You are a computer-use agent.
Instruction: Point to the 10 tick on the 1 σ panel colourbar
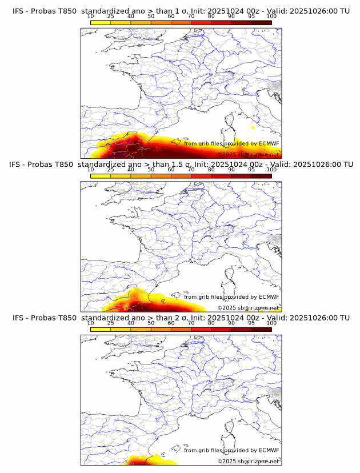point(91,16)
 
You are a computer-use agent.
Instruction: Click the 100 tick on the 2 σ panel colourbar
point(271,323)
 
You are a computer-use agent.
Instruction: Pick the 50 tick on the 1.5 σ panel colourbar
point(151,170)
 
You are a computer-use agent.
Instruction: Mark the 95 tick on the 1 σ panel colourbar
point(251,16)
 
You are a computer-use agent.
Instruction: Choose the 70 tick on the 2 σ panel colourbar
point(191,323)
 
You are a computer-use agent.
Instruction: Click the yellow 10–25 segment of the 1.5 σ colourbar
point(101,176)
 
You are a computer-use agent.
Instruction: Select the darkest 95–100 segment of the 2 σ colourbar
point(261,329)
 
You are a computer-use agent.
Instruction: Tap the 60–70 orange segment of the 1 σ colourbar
point(181,22)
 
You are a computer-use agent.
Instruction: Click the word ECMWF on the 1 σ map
point(269,143)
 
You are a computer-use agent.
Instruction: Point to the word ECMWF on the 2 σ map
point(269,450)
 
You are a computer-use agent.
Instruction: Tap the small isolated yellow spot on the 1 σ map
point(253,127)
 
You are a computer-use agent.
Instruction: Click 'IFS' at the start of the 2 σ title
point(19,318)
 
